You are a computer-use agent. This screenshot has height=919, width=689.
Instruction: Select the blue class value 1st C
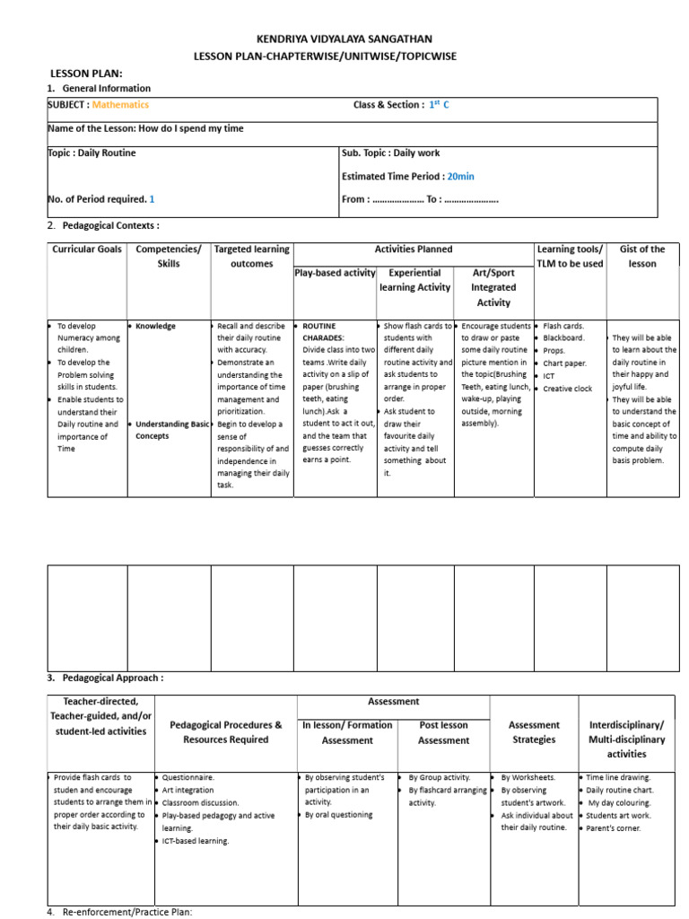439,105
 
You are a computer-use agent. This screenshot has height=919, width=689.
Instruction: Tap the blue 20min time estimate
461,177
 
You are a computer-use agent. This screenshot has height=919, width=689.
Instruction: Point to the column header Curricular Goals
86,249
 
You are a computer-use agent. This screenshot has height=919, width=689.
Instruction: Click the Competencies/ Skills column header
169,257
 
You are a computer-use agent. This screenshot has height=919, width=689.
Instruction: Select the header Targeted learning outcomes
252,257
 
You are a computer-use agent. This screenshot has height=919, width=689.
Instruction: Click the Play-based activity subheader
335,273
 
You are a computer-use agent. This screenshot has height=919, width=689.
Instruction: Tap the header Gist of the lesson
642,257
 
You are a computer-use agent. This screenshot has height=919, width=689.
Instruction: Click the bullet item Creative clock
568,389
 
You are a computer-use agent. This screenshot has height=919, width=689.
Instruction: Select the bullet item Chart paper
564,363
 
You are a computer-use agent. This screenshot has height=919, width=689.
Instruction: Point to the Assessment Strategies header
534,732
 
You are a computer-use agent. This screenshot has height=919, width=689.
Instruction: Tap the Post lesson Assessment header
443,732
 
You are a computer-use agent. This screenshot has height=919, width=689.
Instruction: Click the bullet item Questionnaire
188,777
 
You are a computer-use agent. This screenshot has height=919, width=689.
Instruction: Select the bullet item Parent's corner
619,827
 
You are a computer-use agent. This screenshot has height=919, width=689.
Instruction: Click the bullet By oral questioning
338,815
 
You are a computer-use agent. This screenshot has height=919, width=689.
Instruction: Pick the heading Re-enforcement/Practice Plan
126,912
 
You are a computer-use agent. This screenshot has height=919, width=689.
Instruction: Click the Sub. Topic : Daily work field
391,153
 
